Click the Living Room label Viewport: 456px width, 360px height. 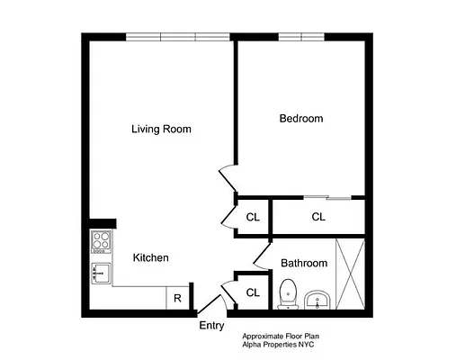click(161, 129)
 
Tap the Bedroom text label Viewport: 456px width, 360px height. click(300, 119)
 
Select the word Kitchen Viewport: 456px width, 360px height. click(151, 257)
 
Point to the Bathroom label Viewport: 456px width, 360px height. click(303, 264)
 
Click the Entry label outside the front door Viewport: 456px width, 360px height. click(211, 326)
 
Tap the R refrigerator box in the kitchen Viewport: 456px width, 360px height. click(177, 298)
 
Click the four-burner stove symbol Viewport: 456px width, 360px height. click(101, 241)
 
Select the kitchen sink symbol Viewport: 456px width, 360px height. click(101, 273)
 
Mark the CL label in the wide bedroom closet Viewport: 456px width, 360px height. click(318, 216)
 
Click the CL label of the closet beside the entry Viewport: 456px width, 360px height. click(253, 292)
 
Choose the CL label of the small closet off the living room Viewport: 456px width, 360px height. click(253, 216)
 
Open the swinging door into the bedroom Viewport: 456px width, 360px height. click(227, 180)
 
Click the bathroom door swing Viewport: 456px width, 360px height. click(262, 256)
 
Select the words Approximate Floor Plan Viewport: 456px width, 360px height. click(282, 335)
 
